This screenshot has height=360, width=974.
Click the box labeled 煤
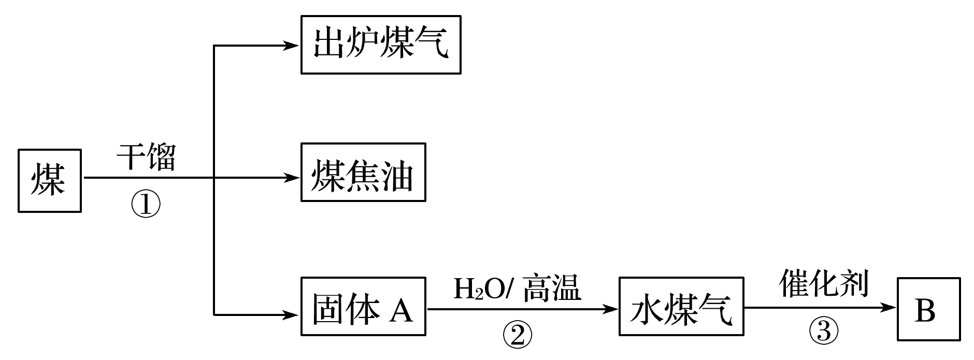pyautogui.click(x=50, y=180)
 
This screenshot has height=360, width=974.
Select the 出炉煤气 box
pyautogui.click(x=381, y=45)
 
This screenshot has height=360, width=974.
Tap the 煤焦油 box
pyautogui.click(x=363, y=172)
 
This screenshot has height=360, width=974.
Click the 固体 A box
pyautogui.click(x=363, y=306)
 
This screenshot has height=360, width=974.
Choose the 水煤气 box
pyautogui.click(x=681, y=306)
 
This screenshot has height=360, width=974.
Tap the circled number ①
pyautogui.click(x=146, y=206)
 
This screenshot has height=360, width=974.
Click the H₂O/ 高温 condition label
pyautogui.click(x=517, y=289)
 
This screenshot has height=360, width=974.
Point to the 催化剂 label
pyautogui.click(x=823, y=283)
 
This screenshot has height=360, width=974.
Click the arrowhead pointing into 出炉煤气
pyautogui.click(x=293, y=46)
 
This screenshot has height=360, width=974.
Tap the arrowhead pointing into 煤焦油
pyautogui.click(x=293, y=178)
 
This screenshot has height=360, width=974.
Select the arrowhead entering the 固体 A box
pyautogui.click(x=293, y=314)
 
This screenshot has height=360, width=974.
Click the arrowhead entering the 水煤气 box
pyautogui.click(x=611, y=309)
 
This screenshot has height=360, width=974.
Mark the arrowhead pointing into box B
pyautogui.click(x=890, y=308)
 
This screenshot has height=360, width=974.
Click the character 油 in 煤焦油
pyautogui.click(x=396, y=174)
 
